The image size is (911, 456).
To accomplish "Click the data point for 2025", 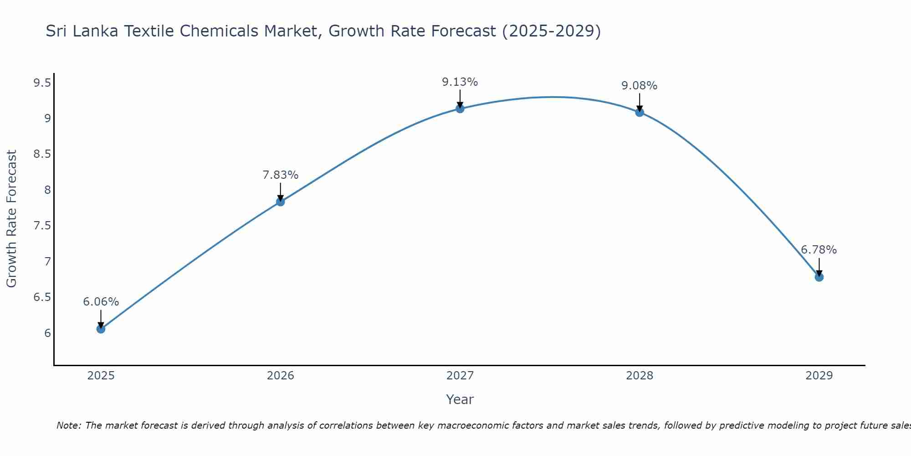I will pyautogui.click(x=101, y=329).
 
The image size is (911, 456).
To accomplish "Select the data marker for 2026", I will pyautogui.click(x=280, y=202).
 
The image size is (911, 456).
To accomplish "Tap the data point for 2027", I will pyautogui.click(x=460, y=109).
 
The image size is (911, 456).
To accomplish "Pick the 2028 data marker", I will pyautogui.click(x=640, y=112).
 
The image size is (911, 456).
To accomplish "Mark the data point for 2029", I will pyautogui.click(x=819, y=277).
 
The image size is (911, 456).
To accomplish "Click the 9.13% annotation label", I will pyautogui.click(x=460, y=82).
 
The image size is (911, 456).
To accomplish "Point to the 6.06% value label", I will pyautogui.click(x=101, y=302).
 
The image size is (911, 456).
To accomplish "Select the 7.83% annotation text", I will pyautogui.click(x=280, y=175).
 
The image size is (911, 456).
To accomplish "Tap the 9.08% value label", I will pyautogui.click(x=640, y=86).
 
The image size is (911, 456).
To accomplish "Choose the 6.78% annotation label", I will pyautogui.click(x=819, y=250).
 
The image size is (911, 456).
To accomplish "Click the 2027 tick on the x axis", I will pyautogui.click(x=460, y=376).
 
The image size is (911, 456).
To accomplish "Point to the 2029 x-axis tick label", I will pyautogui.click(x=819, y=376).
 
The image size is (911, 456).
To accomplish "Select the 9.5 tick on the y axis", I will pyautogui.click(x=42, y=83).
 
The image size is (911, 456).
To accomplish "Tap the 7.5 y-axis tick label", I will pyautogui.click(x=42, y=226).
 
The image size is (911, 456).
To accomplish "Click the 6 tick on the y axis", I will pyautogui.click(x=47, y=333).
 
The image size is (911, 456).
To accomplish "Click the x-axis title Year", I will pyautogui.click(x=460, y=399).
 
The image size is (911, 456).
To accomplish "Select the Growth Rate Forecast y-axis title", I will pyautogui.click(x=11, y=219).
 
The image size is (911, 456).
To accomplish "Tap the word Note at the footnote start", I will pyautogui.click(x=68, y=425).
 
